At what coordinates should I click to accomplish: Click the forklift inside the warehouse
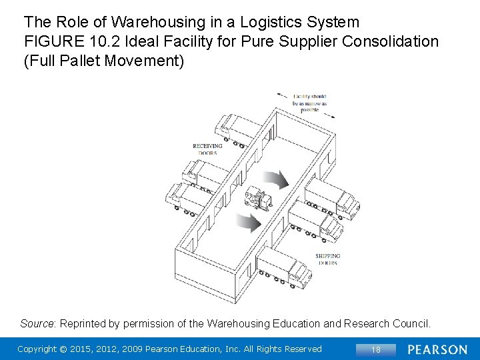pyautogui.click(x=258, y=199)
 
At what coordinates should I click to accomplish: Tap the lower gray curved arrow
pyautogui.click(x=249, y=223)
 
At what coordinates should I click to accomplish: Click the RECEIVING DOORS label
pyautogui.click(x=207, y=149)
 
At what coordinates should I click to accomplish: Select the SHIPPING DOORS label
pyautogui.click(x=327, y=259)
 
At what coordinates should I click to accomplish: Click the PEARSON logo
pyautogui.click(x=437, y=349)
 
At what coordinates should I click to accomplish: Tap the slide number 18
pyautogui.click(x=375, y=349)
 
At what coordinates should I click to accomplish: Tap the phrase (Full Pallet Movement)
pyautogui.click(x=103, y=61)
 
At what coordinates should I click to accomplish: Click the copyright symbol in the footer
pyautogui.click(x=64, y=349)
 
